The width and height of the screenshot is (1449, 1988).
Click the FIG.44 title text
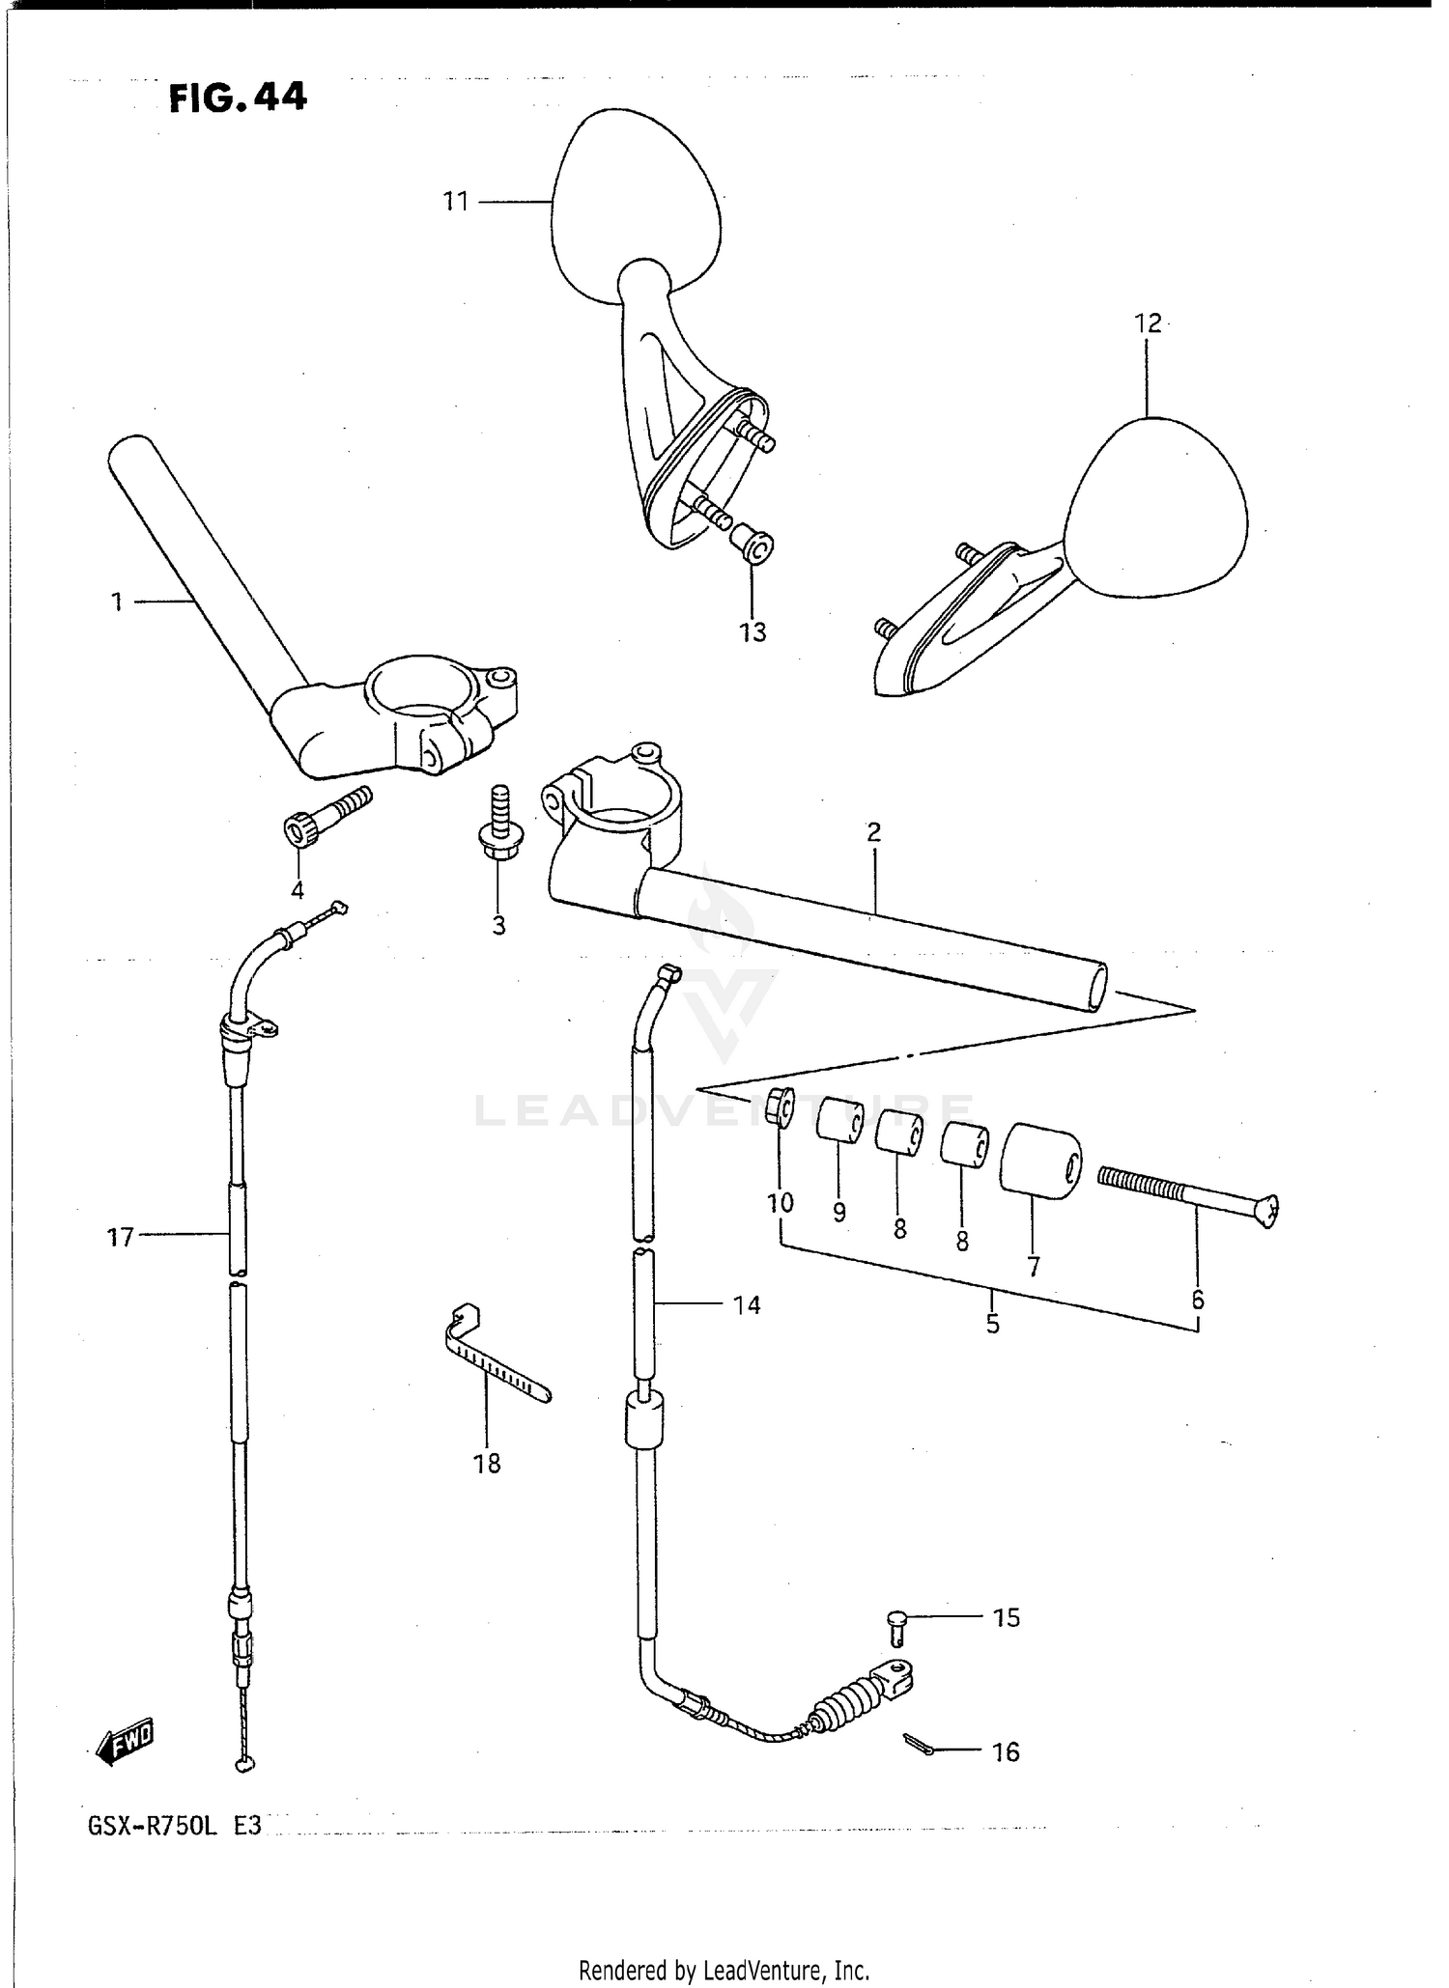(238, 98)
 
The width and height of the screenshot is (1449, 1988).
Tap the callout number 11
(455, 202)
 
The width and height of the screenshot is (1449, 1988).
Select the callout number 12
(1148, 323)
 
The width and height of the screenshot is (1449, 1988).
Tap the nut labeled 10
(781, 1107)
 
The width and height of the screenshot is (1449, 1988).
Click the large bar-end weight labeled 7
(1039, 1160)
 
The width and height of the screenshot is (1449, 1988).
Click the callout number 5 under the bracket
(992, 1324)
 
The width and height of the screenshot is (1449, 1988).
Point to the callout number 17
(120, 1237)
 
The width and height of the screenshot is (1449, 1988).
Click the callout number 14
(747, 1305)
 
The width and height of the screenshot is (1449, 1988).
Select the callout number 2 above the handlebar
(873, 832)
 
